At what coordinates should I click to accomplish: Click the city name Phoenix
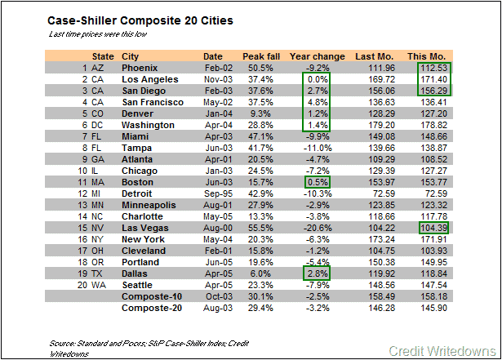[141, 67]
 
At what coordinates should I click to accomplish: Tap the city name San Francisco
[153, 101]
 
